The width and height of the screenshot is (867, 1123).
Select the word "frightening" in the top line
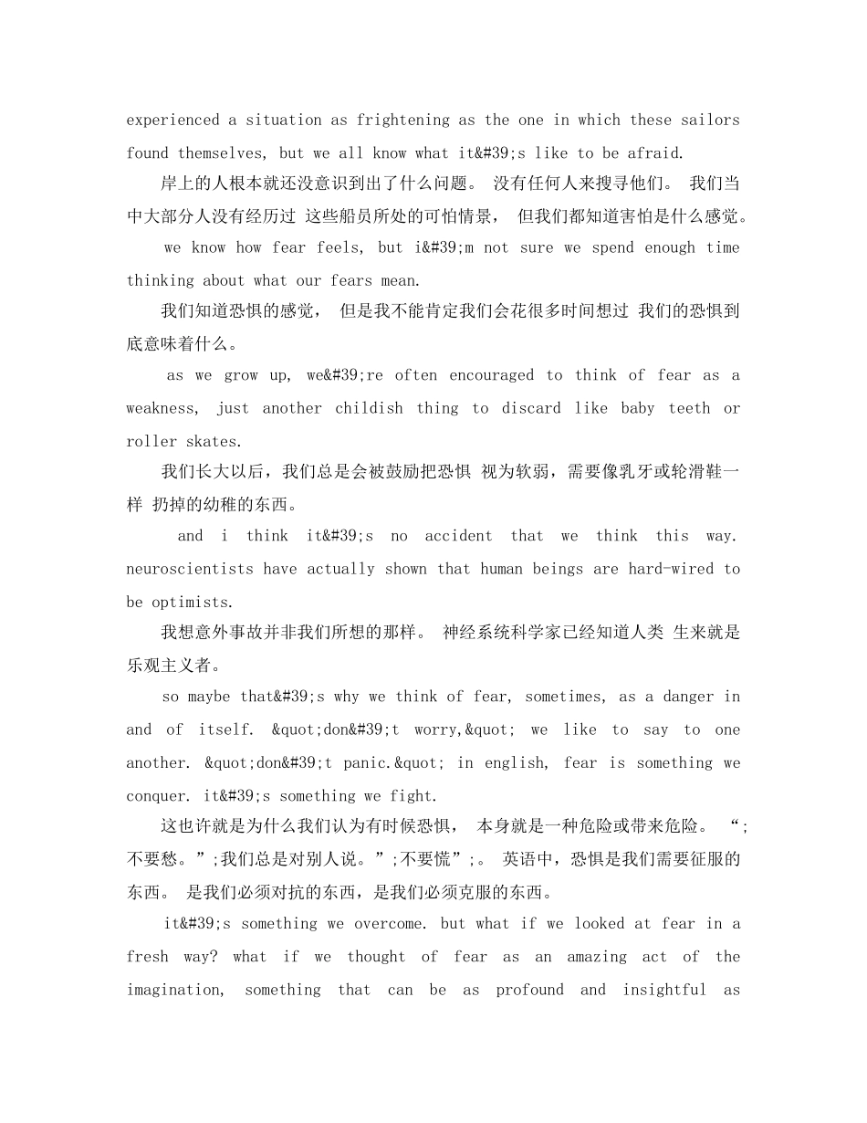coord(403,120)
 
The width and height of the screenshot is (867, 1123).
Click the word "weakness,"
coord(161,408)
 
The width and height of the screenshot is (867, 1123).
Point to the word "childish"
coord(369,408)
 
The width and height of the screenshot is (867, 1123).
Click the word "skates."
coord(209,441)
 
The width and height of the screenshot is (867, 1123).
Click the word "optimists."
coord(194,602)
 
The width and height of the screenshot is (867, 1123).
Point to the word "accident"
coord(458,536)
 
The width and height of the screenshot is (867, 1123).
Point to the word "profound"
coord(530,989)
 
